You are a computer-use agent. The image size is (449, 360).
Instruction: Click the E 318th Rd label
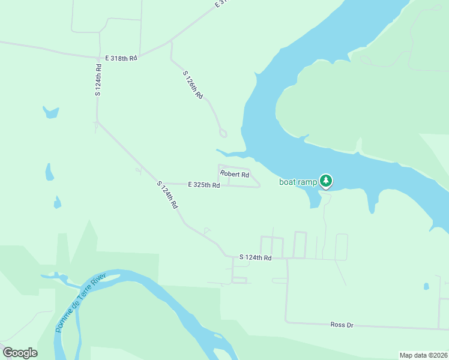tap(121, 58)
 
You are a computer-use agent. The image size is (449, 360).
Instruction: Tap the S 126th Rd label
tap(193, 85)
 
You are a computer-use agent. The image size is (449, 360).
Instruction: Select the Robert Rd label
tap(234, 175)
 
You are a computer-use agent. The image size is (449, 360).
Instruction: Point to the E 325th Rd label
tap(203, 185)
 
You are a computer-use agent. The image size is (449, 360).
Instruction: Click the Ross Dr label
tap(342, 325)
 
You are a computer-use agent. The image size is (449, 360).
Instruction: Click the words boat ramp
tap(298, 182)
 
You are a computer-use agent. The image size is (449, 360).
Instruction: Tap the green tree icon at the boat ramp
tap(326, 181)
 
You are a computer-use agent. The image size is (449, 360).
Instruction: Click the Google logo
tap(20, 353)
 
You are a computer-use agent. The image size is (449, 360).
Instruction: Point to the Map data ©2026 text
tap(423, 355)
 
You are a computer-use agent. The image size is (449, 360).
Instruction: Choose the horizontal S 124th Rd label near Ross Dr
tap(256, 257)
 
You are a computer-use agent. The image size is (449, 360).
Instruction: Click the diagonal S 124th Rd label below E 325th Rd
tap(167, 194)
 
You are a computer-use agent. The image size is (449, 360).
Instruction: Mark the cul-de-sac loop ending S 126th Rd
tap(223, 133)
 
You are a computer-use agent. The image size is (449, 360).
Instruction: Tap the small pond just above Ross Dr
tap(426, 286)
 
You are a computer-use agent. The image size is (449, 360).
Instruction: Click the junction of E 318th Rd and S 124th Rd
tap(98, 58)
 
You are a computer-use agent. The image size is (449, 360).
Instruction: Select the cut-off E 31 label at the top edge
tap(222, 3)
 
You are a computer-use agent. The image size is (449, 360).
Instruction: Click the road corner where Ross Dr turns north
tap(286, 322)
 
